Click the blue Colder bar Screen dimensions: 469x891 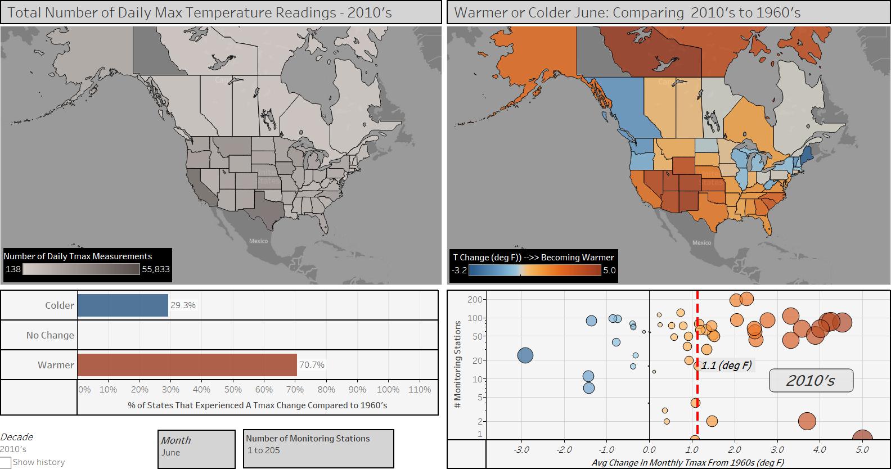[x=123, y=305]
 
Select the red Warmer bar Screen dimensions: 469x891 [x=187, y=365]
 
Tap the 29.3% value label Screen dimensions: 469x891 [x=183, y=305]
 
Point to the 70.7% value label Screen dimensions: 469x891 [x=312, y=365]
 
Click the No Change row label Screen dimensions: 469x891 [x=50, y=335]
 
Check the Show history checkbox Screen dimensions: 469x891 [x=6, y=462]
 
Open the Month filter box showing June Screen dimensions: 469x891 [x=196, y=448]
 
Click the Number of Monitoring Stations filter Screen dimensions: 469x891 [x=318, y=448]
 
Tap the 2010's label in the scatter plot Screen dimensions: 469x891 [x=811, y=381]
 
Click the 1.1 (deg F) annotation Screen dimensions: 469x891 [x=726, y=366]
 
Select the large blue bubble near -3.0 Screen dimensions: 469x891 [x=525, y=355]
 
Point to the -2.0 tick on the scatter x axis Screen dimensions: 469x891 [x=564, y=450]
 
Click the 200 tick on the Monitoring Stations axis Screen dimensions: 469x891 [x=475, y=300]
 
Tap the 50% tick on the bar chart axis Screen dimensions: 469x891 [x=233, y=389]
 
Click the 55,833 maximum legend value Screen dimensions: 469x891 [x=156, y=269]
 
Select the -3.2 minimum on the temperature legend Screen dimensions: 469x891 [x=460, y=270]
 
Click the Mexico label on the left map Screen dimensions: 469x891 [x=259, y=241]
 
